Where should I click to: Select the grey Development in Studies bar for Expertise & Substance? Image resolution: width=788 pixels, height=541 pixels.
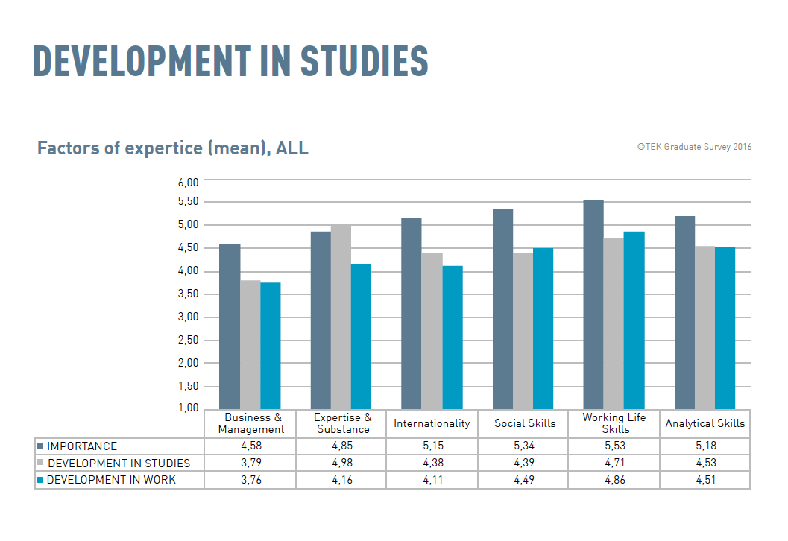341,317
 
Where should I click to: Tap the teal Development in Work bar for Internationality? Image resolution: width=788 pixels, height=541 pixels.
452,337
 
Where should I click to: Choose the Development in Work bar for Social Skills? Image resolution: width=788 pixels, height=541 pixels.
543,328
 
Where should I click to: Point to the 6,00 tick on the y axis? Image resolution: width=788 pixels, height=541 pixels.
188,183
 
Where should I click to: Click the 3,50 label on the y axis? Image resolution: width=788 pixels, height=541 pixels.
188,294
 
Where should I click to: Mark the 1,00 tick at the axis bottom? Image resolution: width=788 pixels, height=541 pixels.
188,408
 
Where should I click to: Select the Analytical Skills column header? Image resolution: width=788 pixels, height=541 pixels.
705,423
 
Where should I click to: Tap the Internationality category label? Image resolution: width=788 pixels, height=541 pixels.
432,423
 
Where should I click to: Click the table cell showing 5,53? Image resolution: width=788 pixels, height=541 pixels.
614,446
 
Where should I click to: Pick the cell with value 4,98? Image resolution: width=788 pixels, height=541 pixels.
341,463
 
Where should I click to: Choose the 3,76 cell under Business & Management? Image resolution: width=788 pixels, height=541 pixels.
250,480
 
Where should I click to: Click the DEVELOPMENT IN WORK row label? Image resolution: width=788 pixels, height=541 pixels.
111,480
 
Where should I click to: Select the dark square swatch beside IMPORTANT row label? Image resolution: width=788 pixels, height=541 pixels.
40,446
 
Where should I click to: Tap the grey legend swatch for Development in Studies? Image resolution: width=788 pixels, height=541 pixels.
40,463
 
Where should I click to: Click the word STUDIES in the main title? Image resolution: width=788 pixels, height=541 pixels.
364,61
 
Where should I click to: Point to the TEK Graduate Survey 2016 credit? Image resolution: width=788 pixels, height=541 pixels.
694,147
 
